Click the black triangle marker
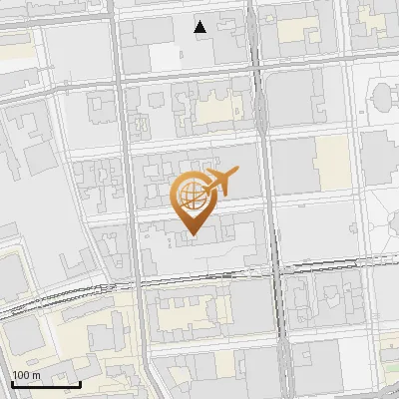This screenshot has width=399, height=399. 200,27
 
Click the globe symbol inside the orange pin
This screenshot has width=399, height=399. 189,196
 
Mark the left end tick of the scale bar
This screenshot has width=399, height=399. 11,383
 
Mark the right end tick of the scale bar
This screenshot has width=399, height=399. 80,383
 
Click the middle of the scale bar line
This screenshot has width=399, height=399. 45,384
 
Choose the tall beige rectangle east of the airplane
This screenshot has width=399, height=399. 331,162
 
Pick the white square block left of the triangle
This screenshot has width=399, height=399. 166,57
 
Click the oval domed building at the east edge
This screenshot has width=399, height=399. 385,98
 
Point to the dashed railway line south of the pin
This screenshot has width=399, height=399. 199,277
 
